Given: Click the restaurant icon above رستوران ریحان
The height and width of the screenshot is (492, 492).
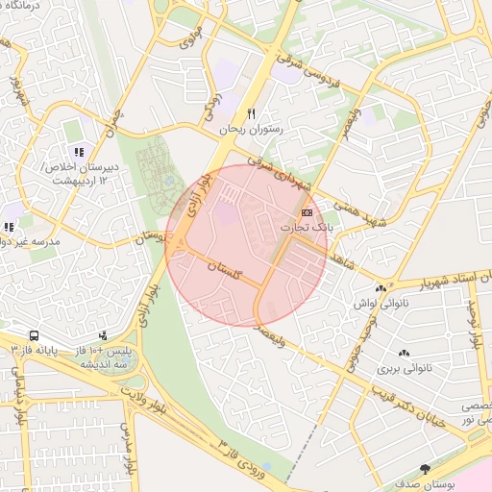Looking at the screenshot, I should (x=252, y=112).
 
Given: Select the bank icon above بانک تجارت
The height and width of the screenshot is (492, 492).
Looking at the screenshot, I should (x=307, y=211).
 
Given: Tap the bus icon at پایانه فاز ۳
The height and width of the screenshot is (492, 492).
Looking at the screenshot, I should (x=34, y=336).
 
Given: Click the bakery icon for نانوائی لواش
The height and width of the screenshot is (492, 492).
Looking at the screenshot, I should (x=381, y=287).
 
